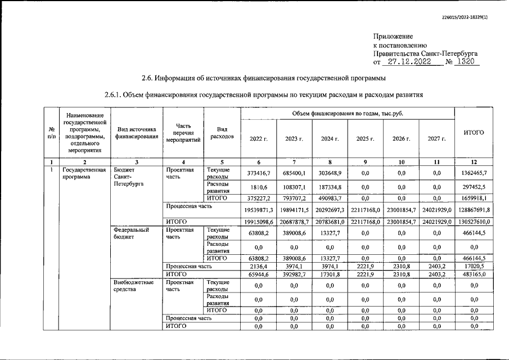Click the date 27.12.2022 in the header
pyautogui.click(x=411, y=61)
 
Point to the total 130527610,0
pyautogui.click(x=474, y=222)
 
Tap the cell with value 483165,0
pyautogui.click(x=474, y=274)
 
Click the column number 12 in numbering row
pyautogui.click(x=474, y=161)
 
